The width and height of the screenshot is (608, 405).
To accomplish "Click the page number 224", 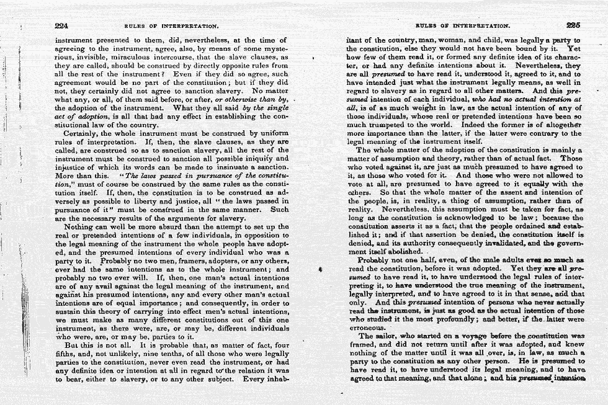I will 61,26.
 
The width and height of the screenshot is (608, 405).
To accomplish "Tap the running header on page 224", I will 171,27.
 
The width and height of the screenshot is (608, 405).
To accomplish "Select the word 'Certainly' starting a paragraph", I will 83,133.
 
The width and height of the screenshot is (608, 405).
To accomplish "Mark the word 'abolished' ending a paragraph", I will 402,253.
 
